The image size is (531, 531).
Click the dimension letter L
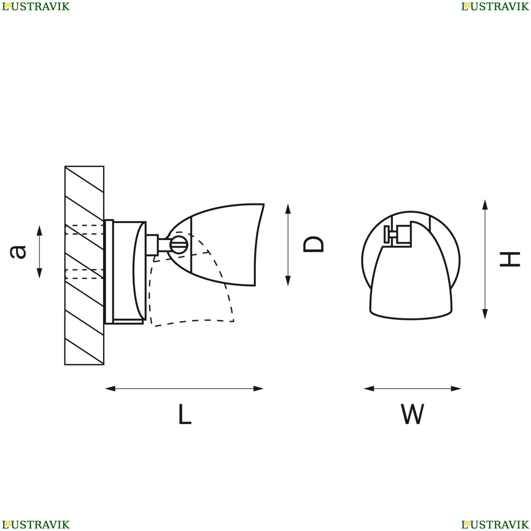click(x=185, y=414)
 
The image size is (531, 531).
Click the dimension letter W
click(x=413, y=414)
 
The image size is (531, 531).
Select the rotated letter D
click(x=314, y=244)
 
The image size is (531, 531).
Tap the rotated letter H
click(x=510, y=259)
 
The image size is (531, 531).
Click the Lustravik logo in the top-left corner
click(x=36, y=6)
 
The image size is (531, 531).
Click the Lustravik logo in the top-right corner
click(x=495, y=6)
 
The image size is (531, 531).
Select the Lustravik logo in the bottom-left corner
click(x=36, y=525)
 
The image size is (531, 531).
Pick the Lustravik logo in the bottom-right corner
click(x=495, y=525)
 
